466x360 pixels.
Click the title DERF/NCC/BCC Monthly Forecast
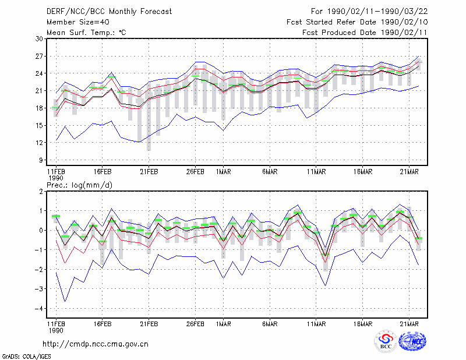[x=109, y=12]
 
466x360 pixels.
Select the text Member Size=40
[x=78, y=22]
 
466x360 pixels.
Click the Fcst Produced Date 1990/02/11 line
[x=365, y=33]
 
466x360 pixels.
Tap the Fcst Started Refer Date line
[x=357, y=22]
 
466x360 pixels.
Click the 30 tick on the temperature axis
[x=40, y=38]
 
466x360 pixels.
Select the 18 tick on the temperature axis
[x=40, y=108]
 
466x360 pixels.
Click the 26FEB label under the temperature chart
[x=195, y=172]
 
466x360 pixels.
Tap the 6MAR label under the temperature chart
[x=270, y=172]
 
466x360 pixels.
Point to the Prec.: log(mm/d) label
[x=79, y=185]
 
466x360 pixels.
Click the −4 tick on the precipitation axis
[x=39, y=309]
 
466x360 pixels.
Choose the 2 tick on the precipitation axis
[x=41, y=192]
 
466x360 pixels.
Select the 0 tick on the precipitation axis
[x=41, y=230]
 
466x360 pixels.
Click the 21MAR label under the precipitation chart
[x=409, y=324]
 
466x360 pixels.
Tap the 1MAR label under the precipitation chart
[x=224, y=324]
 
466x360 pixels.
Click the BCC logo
[x=386, y=341]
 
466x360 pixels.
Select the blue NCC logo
[x=412, y=341]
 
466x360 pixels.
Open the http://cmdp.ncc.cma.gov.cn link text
[x=96, y=344]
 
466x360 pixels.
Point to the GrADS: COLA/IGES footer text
[x=26, y=357]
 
